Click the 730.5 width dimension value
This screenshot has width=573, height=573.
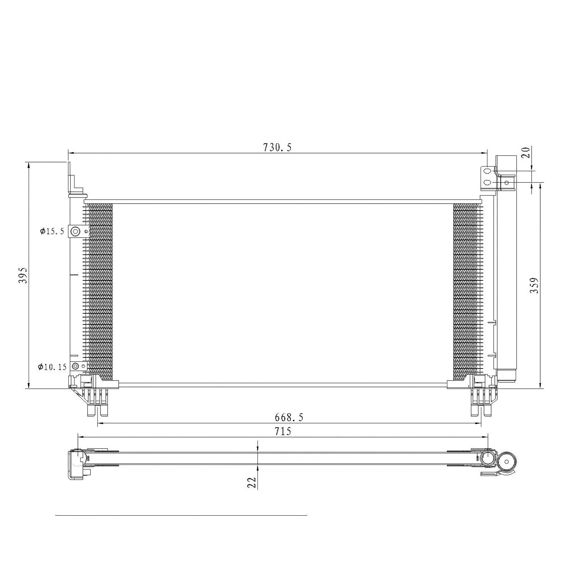[277, 147]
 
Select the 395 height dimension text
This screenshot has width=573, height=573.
[23, 275]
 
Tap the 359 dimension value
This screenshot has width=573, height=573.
[534, 285]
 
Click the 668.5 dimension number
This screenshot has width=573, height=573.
[289, 417]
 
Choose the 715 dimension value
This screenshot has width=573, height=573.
[283, 431]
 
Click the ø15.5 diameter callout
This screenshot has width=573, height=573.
[52, 231]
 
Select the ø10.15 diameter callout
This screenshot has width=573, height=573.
[52, 367]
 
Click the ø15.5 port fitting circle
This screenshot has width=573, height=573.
[75, 231]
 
